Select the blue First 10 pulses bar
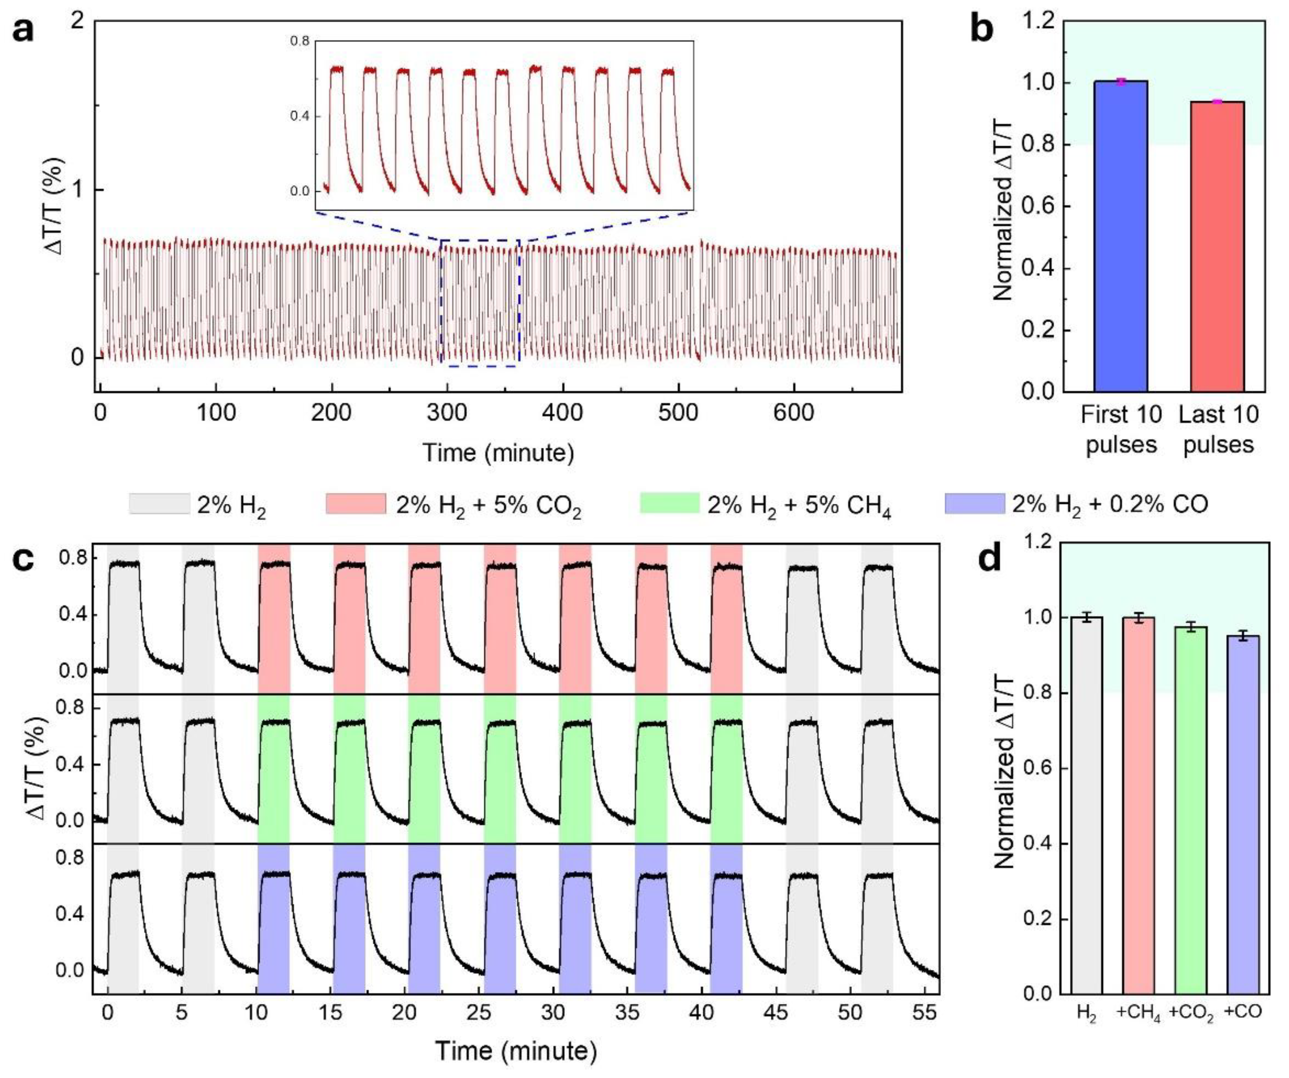tap(1120, 236)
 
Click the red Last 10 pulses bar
tap(1217, 246)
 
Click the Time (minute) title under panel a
tap(498, 453)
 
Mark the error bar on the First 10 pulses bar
tap(1120, 81)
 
